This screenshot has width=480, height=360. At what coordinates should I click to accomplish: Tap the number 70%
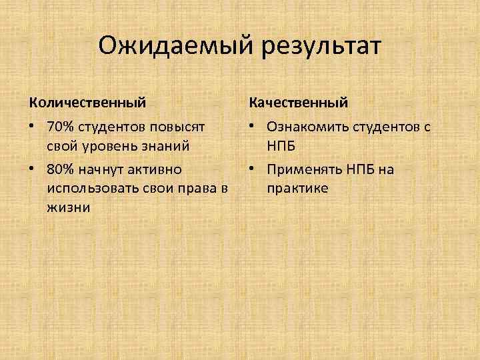(x=61, y=126)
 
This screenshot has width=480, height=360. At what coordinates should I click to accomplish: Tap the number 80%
(x=61, y=169)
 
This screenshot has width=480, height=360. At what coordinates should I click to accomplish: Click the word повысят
(x=182, y=126)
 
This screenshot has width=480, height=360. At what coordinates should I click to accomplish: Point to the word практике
(x=297, y=188)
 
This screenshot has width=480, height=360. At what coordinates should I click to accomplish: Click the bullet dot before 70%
(x=33, y=126)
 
